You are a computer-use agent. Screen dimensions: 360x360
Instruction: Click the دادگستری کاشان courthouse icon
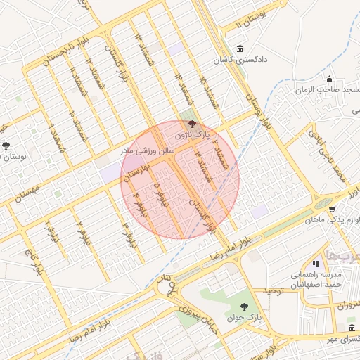tap(241, 49)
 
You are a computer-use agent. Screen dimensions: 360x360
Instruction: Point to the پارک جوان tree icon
tap(244, 306)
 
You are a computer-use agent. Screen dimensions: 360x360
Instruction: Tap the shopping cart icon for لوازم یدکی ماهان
tap(331, 209)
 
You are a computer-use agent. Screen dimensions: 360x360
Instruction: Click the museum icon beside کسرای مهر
tap(352, 328)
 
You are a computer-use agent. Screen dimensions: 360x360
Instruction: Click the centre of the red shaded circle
tap(180, 180)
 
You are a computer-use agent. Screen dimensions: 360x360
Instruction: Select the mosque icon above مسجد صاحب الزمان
tap(328, 79)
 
